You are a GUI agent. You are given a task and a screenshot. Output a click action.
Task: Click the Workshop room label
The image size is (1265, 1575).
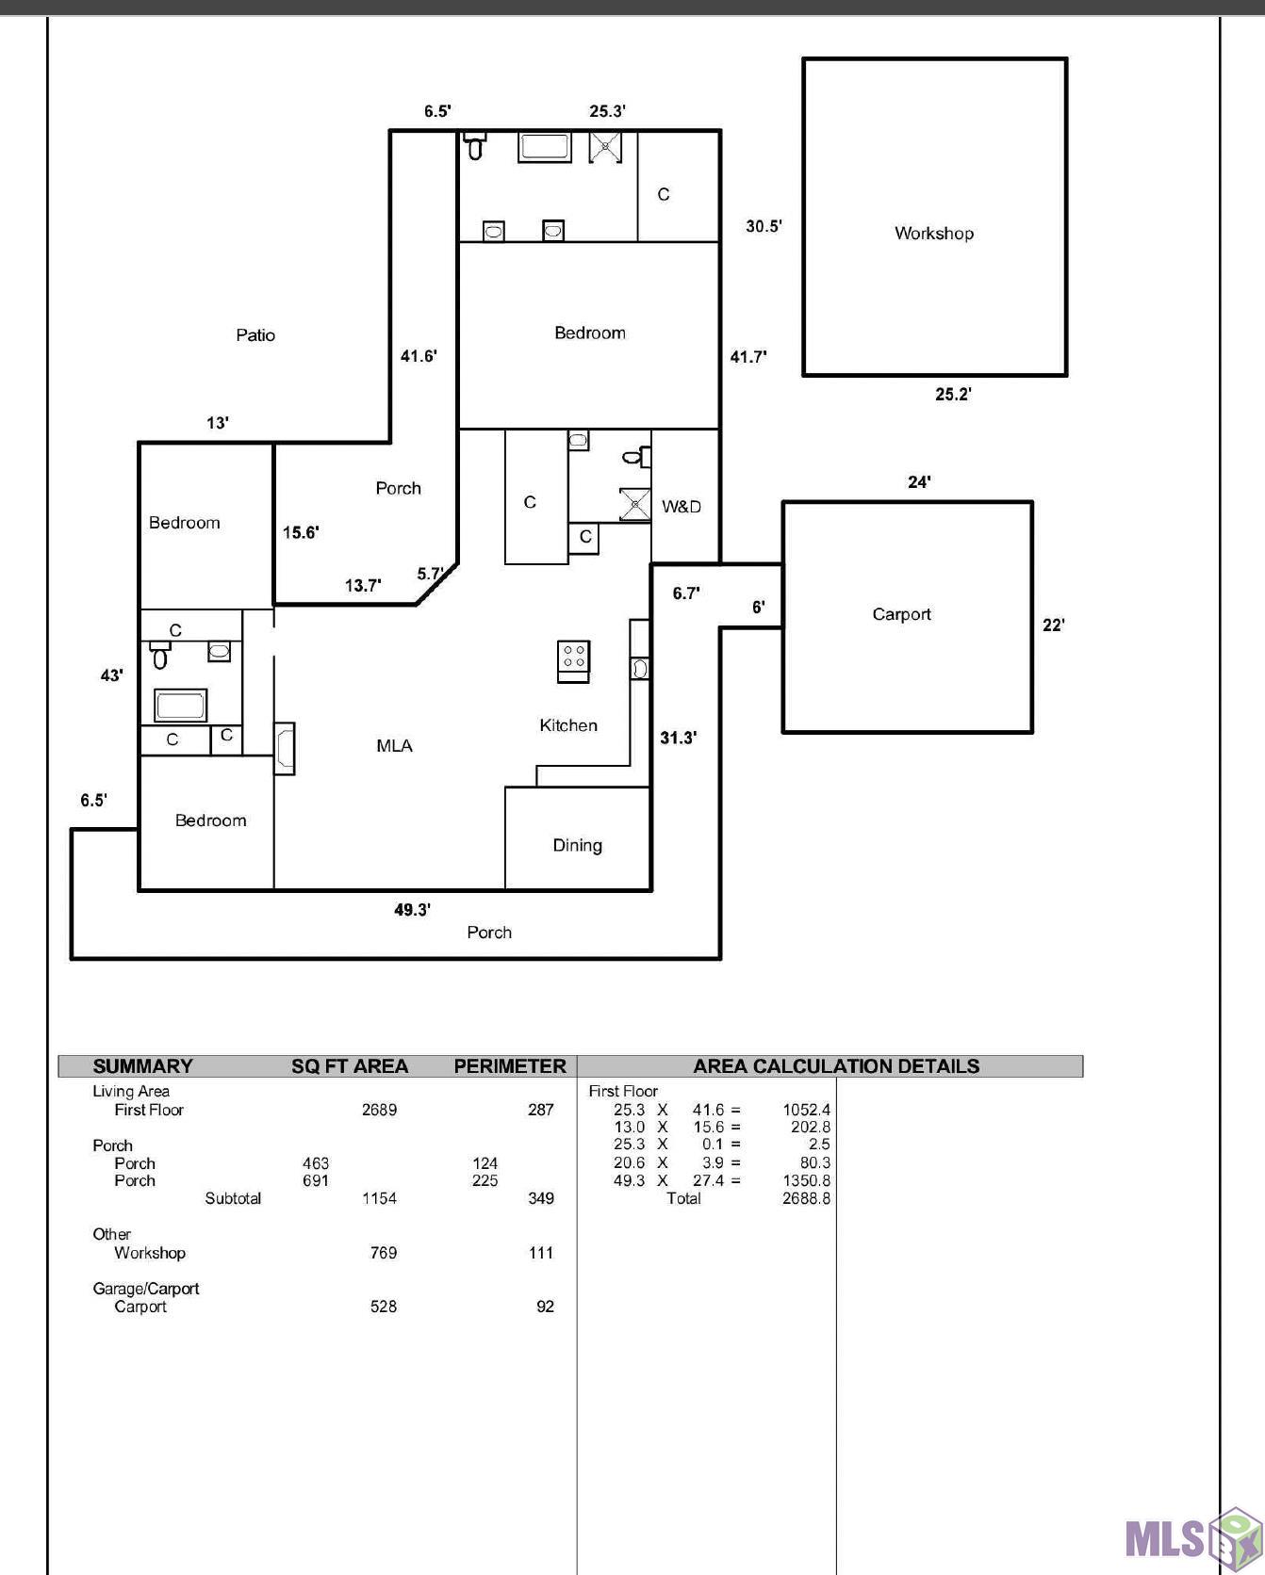[934, 234]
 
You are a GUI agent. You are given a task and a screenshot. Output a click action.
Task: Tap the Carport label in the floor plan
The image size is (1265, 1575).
[901, 614]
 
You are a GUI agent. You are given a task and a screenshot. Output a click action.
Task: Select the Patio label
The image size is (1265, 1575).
[255, 335]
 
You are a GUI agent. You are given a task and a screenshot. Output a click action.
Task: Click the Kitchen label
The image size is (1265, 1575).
[568, 725]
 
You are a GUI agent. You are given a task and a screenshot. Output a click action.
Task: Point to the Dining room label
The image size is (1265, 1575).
[577, 846]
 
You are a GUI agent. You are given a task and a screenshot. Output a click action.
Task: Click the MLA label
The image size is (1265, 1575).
[394, 746]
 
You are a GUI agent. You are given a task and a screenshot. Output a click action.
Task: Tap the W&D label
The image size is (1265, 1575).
[681, 507]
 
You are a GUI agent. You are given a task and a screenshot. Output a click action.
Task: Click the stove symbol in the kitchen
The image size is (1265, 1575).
[574, 661]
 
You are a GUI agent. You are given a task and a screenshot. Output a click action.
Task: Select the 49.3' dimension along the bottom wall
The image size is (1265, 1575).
[412, 910]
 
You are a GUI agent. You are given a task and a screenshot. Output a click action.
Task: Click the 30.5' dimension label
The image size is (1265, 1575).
[764, 226]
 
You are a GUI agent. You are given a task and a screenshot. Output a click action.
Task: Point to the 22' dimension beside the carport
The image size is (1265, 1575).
[1053, 625]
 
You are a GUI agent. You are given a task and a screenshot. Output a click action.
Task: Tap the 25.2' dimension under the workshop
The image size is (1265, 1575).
[953, 395]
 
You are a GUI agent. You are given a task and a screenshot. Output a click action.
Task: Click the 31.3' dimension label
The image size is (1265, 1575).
[678, 738]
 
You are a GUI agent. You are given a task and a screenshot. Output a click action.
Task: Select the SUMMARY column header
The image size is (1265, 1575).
[142, 1066]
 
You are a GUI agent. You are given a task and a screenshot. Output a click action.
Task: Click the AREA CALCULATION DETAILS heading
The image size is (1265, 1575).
[836, 1066]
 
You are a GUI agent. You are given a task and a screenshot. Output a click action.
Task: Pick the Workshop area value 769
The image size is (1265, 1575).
[384, 1253]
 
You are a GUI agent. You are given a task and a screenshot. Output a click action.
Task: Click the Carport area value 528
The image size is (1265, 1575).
[384, 1307]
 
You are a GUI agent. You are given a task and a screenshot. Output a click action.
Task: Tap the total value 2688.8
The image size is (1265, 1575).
[807, 1198]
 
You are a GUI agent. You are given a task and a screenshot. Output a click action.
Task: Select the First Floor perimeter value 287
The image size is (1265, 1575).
[541, 1110]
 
